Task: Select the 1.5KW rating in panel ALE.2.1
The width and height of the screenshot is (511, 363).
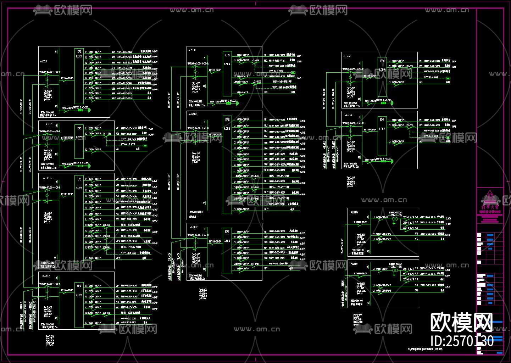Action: pos(79,56)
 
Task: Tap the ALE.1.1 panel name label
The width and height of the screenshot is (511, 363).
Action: pos(49,124)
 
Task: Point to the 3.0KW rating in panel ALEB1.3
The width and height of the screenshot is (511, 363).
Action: pos(79,188)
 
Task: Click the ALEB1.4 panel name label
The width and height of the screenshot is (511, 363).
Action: pos(46,275)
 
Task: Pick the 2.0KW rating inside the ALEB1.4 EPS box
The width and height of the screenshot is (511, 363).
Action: pos(79,295)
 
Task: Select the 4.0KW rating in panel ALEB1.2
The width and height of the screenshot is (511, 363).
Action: pos(227,129)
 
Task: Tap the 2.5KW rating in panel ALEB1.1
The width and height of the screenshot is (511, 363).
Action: pos(227,241)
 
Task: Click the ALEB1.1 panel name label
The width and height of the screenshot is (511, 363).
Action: pos(194,227)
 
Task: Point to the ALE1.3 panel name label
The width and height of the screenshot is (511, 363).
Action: pos(347,56)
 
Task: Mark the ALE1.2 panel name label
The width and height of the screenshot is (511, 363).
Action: pos(348,115)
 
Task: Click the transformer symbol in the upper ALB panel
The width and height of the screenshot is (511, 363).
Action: pos(394,220)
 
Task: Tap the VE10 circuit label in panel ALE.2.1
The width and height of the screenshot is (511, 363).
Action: pos(113,98)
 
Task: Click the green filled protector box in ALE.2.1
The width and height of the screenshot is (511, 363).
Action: pos(80,110)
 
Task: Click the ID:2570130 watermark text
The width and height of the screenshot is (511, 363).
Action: pos(462,341)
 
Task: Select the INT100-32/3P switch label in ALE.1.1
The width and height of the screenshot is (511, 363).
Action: pos(67,138)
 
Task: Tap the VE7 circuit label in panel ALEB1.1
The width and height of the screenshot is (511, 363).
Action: pos(266,268)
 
